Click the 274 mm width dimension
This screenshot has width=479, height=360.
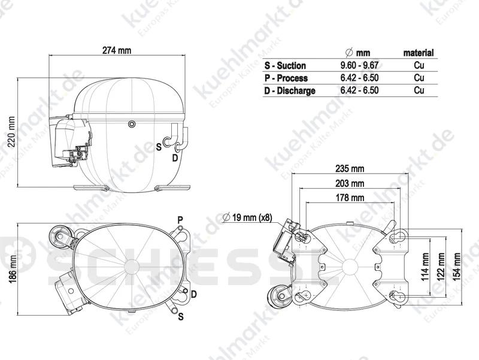tap(117, 50)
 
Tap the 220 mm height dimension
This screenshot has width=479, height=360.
tap(11, 132)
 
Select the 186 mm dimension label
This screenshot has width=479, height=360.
tap(12, 268)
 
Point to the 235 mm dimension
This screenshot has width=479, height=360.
tap(350, 168)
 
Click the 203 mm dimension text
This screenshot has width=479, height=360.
tap(350, 183)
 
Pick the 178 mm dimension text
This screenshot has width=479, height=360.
tap(350, 198)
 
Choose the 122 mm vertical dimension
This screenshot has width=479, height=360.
tap(441, 267)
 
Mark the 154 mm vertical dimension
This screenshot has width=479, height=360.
tap(456, 267)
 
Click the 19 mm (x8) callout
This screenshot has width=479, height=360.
tap(247, 217)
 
